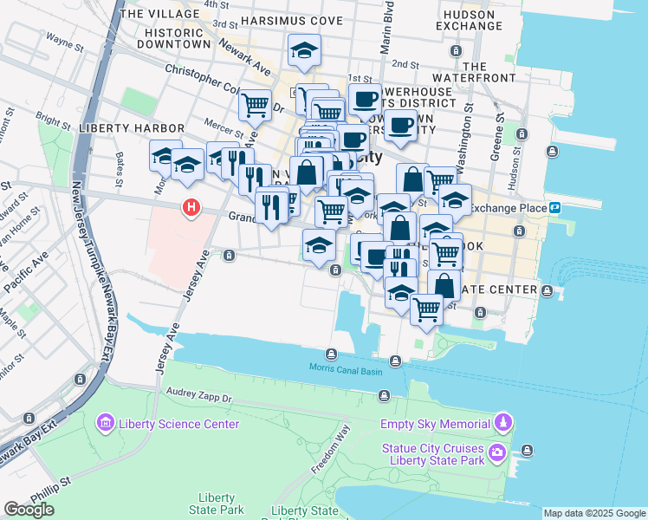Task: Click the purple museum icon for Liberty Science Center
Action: coord(106,423)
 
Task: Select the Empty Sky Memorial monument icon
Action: coord(503,423)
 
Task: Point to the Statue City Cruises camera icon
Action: coord(497,452)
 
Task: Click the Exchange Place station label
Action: coord(507,208)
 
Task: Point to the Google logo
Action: coord(29,510)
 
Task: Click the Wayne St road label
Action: coord(63,40)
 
